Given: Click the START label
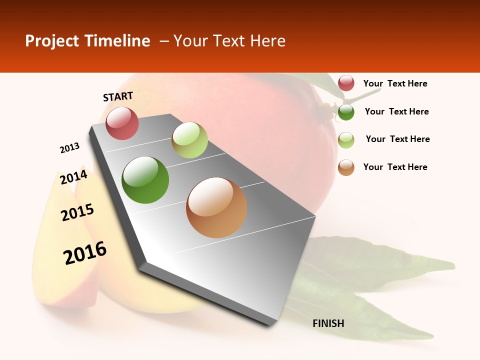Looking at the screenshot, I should pos(118,96).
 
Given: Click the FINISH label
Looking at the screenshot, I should pos(328,323).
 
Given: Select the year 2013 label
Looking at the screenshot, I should pos(70,148).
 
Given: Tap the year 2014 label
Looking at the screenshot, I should pos(73,177).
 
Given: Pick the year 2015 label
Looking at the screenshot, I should pos(77,212).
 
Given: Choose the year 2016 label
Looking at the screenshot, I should pos(85,252).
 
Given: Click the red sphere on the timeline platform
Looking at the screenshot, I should pos(122,123).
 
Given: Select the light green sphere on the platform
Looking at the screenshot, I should pos(189,140).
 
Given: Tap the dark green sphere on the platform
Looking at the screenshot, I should pos(145,180).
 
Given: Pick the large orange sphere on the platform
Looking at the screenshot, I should pos(216,207).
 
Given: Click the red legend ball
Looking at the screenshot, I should pos(346,83).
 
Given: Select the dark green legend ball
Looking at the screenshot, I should pos(346,112).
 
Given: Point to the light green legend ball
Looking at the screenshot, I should pos(346,140).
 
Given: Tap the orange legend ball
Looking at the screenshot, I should pos(346,167).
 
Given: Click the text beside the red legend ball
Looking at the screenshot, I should pos(395,83).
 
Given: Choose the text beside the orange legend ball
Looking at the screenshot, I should pos(395,167).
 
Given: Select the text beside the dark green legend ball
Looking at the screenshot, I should pos(396,111).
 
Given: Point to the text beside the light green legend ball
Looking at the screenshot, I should pos(397,139).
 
